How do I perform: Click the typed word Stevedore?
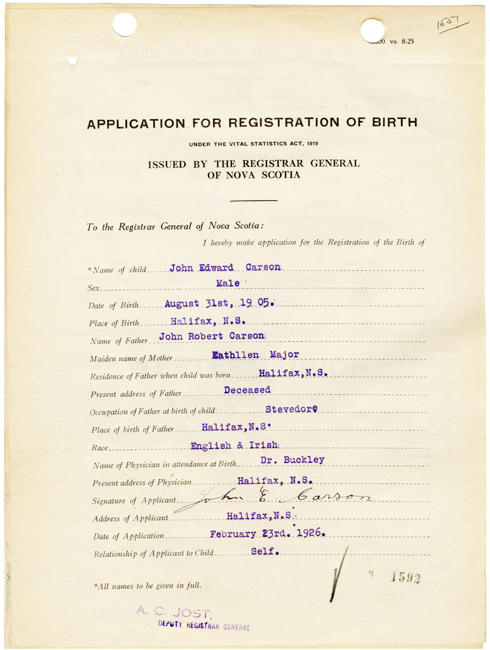(291, 409)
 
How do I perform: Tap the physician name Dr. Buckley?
(292, 460)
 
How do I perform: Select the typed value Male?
(228, 283)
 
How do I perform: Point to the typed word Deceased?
(247, 390)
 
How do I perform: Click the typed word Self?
(265, 551)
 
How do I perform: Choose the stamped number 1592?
(406, 578)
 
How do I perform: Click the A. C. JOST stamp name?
(173, 613)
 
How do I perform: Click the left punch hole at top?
(124, 24)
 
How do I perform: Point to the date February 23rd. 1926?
(267, 533)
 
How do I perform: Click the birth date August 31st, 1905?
(220, 304)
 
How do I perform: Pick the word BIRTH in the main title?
(394, 122)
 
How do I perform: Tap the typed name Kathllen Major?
(255, 355)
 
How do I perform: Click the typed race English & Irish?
(235, 445)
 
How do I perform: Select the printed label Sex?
(93, 288)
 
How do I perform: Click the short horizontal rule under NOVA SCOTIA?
(253, 200)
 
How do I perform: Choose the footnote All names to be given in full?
(148, 586)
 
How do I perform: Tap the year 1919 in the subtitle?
(312, 144)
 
